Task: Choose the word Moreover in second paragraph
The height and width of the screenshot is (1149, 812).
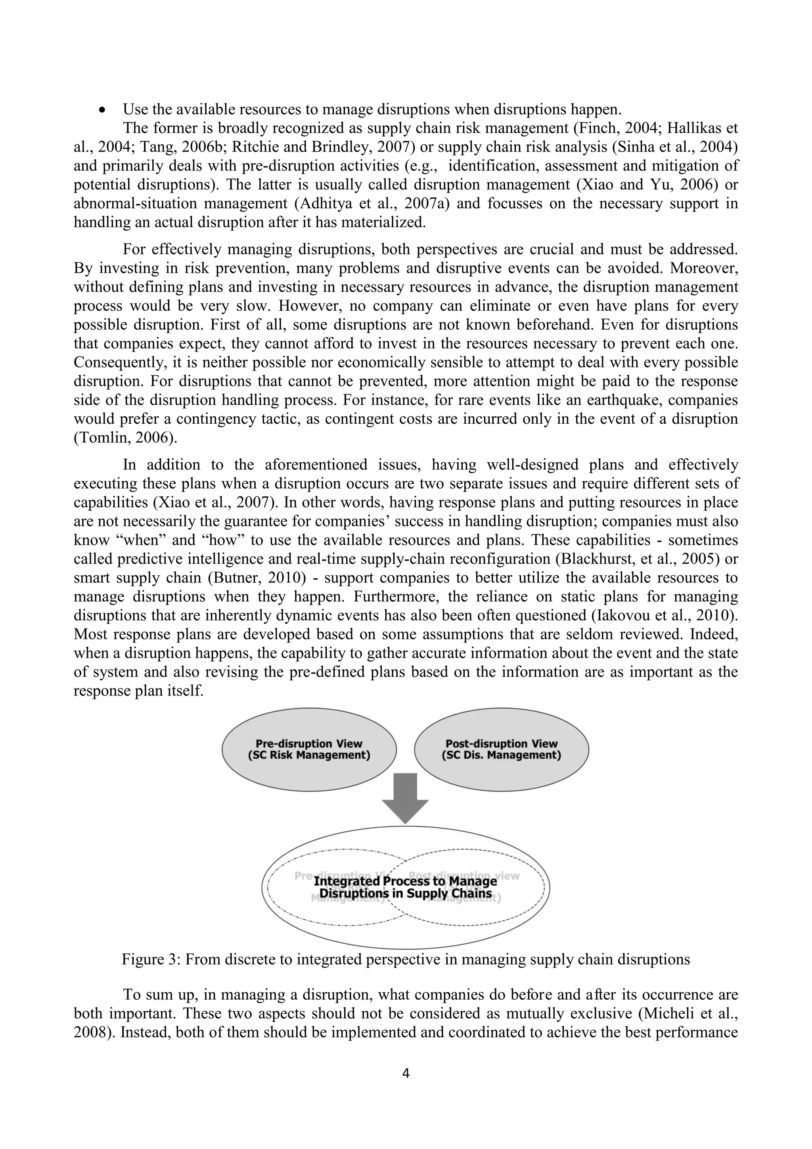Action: (704, 268)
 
